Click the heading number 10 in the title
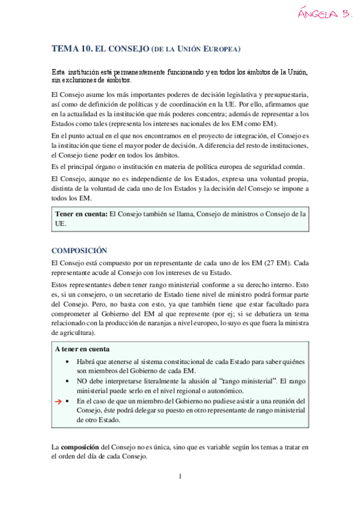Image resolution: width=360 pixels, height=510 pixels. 84,49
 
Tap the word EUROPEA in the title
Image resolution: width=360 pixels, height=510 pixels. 224,49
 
